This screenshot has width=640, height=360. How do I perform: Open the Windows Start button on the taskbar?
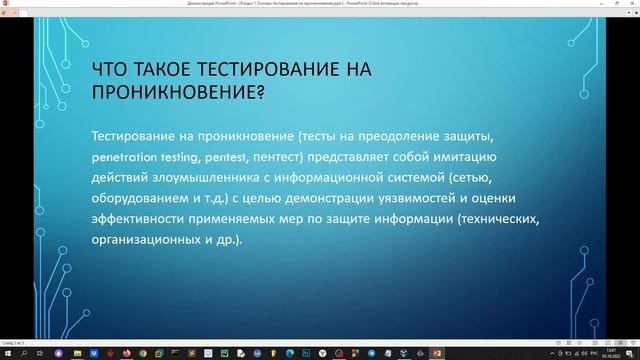[x=7, y=353]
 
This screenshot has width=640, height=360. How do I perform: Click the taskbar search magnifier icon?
[x=24, y=353]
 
